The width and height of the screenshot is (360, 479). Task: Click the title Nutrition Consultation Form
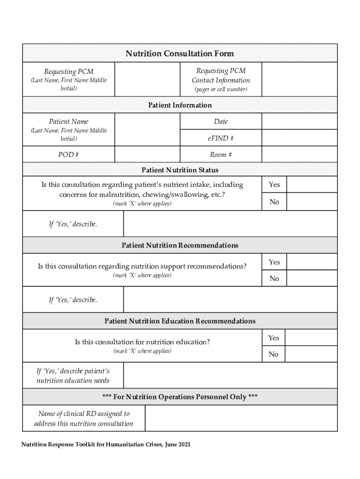click(180, 53)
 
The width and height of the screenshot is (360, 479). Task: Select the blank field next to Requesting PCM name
click(147, 80)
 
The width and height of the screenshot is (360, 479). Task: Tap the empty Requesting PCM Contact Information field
click(299, 80)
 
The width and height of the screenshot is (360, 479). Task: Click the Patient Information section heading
click(180, 105)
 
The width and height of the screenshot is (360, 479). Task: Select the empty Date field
click(299, 121)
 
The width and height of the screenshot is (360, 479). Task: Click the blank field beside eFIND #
click(299, 138)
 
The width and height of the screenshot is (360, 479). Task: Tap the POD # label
click(68, 154)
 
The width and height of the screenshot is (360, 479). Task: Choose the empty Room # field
click(299, 154)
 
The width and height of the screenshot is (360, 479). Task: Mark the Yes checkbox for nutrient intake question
click(311, 184)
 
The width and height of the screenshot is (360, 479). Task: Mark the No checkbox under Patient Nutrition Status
click(311, 202)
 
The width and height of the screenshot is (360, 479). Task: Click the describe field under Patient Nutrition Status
click(230, 224)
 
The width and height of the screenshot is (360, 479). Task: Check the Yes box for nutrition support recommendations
click(311, 261)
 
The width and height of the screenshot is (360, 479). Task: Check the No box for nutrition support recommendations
click(311, 278)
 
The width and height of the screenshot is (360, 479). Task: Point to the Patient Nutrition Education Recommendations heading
click(180, 321)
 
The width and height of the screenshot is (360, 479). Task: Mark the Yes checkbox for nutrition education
click(311, 337)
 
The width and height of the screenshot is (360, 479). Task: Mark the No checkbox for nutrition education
click(311, 354)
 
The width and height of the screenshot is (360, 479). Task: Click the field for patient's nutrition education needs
click(230, 376)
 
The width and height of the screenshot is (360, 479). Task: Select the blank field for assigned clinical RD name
click(241, 418)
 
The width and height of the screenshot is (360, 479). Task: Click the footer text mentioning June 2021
click(106, 444)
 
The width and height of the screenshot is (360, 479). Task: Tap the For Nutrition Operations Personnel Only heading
click(180, 397)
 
